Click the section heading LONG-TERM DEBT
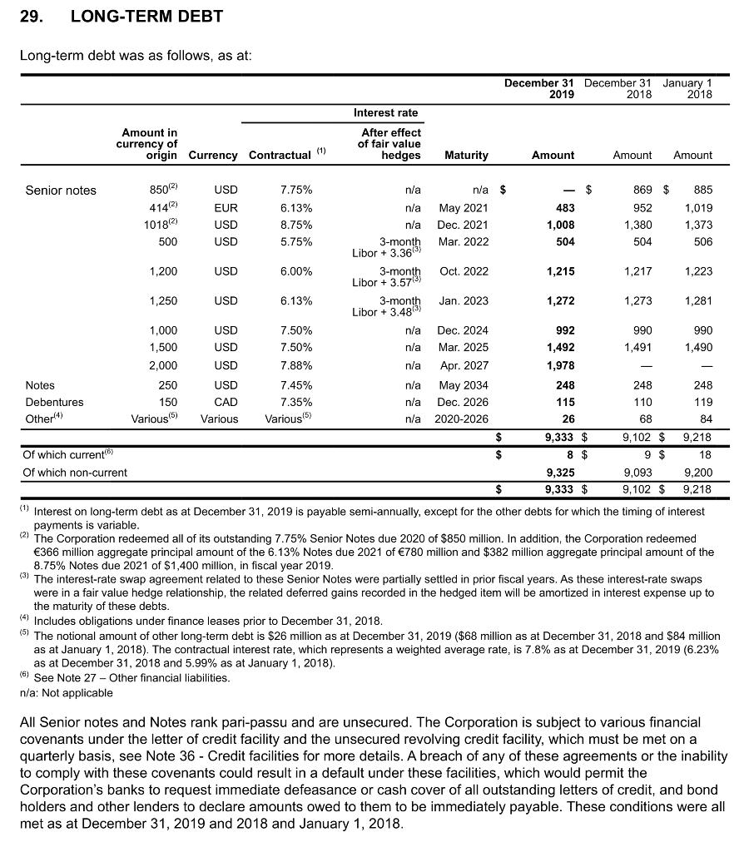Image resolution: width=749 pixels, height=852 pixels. (x=146, y=16)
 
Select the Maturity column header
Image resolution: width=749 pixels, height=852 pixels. (x=466, y=155)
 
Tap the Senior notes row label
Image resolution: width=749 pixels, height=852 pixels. (x=61, y=191)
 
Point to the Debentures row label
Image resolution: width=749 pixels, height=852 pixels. (x=55, y=402)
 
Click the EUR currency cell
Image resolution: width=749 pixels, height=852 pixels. (x=226, y=208)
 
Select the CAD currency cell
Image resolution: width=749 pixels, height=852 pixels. (x=226, y=402)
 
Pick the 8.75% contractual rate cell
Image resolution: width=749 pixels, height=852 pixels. (x=296, y=225)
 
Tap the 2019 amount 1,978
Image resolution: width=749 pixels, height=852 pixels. (x=559, y=365)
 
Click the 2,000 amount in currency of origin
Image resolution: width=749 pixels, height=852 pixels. (x=162, y=365)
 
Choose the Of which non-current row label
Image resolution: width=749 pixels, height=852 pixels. (x=76, y=473)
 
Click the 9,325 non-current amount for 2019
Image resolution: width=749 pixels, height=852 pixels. (x=559, y=473)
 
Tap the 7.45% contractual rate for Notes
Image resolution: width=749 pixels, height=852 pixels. (x=296, y=385)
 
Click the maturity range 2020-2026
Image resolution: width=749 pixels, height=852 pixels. (x=461, y=419)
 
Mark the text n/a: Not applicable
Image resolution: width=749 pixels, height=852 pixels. (x=67, y=692)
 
